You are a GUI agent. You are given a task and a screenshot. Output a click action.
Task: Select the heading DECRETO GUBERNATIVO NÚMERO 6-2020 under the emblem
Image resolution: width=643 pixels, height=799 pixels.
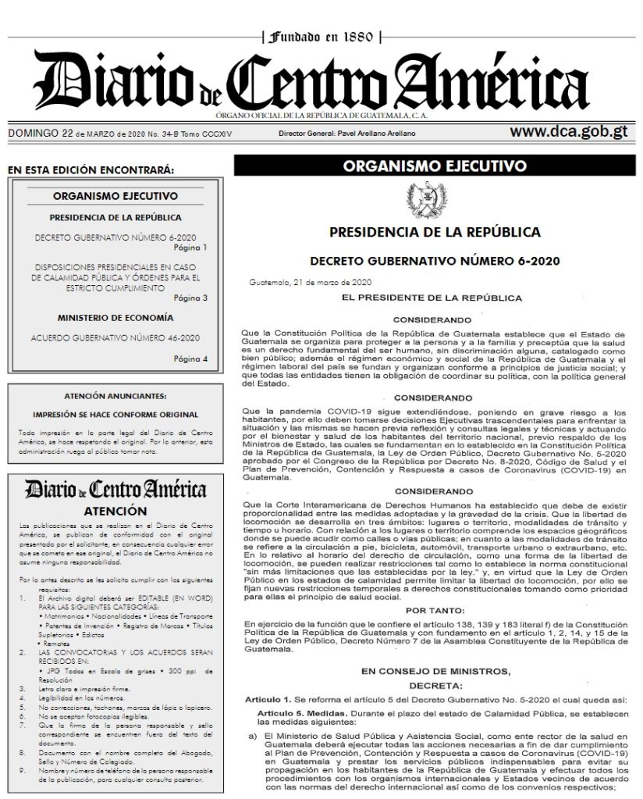coord(435,260)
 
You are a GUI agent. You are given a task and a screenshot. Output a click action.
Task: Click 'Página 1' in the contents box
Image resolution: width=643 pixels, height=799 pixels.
coord(191,248)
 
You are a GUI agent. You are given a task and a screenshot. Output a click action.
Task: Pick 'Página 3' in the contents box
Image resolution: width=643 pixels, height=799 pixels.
coord(191,298)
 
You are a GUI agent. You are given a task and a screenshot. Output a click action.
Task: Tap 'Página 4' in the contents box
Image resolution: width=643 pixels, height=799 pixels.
coord(191,358)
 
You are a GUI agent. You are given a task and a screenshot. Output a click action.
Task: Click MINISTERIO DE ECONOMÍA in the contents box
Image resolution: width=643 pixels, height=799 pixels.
coord(115,318)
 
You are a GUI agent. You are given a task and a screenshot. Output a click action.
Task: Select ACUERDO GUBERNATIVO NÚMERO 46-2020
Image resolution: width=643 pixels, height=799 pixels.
coord(115,337)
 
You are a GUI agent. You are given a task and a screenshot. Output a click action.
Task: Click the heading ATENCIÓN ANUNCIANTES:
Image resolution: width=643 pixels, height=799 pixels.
coord(115,397)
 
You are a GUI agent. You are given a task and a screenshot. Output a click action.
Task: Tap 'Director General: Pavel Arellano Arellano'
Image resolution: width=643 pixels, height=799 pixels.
coord(346,134)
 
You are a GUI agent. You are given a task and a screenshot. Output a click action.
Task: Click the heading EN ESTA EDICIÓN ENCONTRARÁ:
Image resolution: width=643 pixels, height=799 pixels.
coord(89,169)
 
